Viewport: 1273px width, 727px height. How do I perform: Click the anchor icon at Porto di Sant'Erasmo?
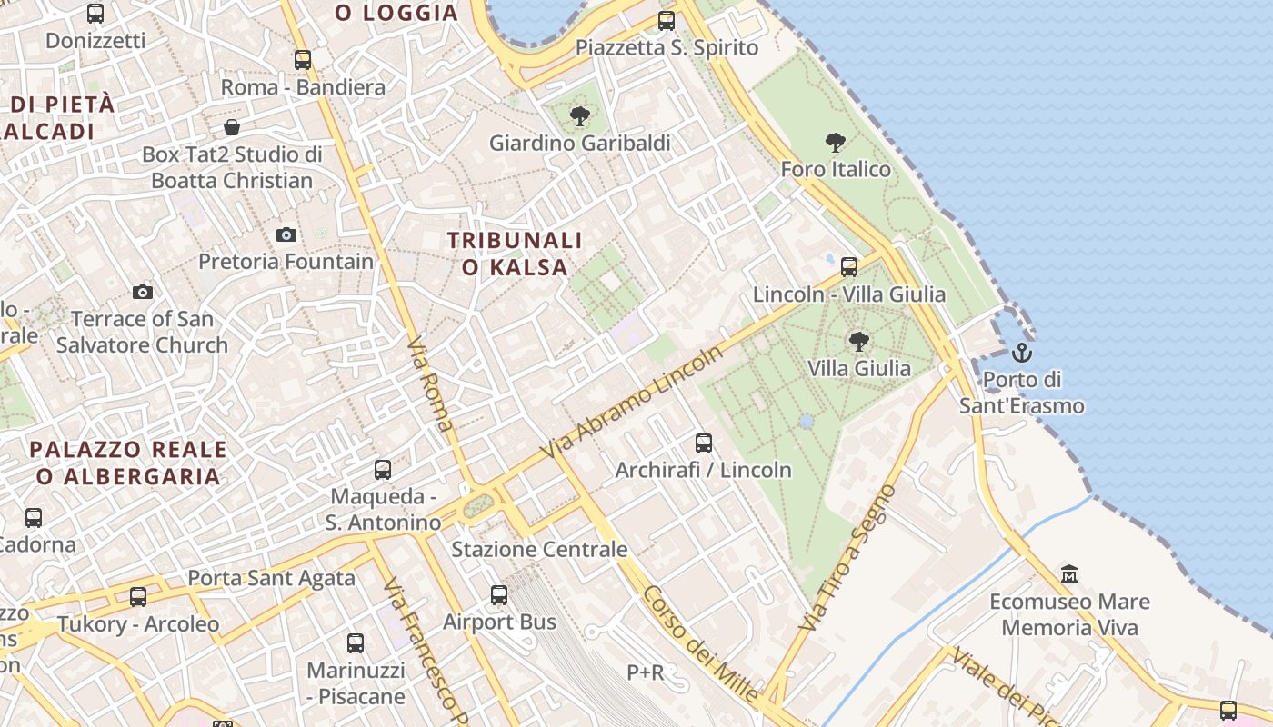point(1022,352)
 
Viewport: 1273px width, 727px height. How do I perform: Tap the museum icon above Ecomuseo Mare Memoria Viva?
point(1069,574)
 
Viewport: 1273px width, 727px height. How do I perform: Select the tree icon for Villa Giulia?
point(858,342)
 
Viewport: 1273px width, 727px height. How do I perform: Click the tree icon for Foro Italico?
point(836,143)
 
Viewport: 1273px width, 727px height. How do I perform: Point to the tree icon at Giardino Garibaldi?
point(579,116)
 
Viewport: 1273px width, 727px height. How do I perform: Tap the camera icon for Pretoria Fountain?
point(286,235)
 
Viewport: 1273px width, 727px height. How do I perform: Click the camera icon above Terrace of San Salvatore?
point(143,292)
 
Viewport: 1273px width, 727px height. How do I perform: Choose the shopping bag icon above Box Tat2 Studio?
point(232,127)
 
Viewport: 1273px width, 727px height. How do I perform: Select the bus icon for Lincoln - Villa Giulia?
point(849,267)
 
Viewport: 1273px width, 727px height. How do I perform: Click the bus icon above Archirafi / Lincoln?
point(704,443)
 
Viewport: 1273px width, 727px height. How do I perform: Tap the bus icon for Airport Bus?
point(499,595)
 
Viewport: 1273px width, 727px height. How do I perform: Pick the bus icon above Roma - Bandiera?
point(303,60)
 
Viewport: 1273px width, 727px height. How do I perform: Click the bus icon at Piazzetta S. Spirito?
point(667,20)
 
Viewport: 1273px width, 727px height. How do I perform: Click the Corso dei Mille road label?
point(700,643)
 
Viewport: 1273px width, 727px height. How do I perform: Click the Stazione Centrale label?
point(539,549)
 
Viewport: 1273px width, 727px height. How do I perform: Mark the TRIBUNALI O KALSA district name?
point(515,254)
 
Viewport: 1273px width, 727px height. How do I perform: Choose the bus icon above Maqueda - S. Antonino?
point(383,470)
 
